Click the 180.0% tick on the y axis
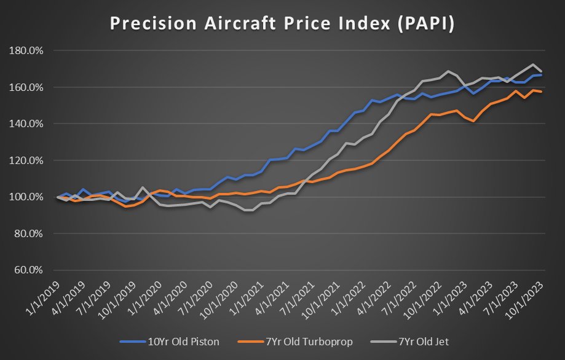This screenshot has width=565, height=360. click(x=26, y=50)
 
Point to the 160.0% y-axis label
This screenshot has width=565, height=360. click(x=26, y=87)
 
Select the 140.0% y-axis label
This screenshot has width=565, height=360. click(x=26, y=123)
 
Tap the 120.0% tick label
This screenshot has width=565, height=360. click(x=26, y=160)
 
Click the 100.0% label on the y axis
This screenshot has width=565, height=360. click(x=26, y=197)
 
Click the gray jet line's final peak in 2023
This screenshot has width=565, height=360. click(x=532, y=65)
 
